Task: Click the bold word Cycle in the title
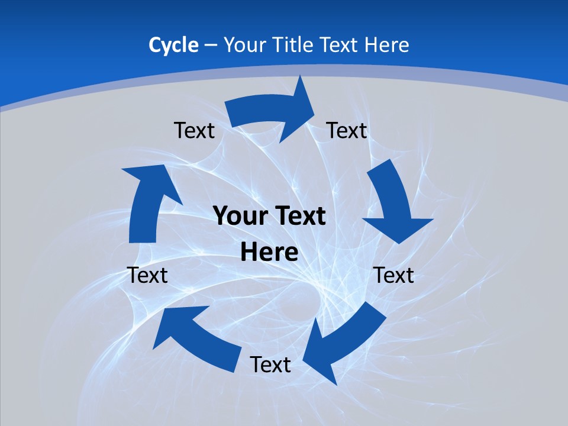tap(173, 45)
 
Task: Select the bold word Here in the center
tap(269, 253)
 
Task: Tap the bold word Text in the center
tap(298, 216)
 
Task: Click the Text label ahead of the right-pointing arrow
tap(347, 130)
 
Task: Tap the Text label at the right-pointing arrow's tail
tap(194, 130)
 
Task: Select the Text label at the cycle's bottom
tap(270, 364)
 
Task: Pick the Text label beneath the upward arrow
tap(147, 275)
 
